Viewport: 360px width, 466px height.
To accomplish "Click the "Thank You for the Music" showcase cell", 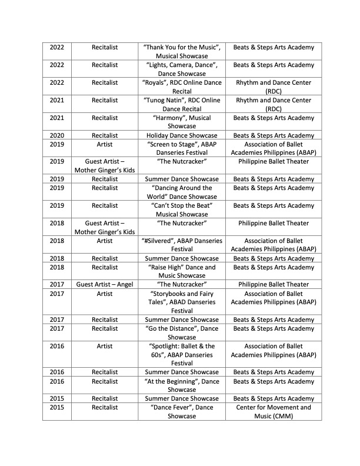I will [182, 51].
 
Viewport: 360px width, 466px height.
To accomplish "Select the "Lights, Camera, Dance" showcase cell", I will [182, 69].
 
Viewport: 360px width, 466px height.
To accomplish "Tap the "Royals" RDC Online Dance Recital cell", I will [182, 87].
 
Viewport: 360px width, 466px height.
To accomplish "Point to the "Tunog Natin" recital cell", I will [182, 104].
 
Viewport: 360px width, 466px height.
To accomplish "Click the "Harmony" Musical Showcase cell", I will [182, 122].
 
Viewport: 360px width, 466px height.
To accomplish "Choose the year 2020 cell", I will [57, 135].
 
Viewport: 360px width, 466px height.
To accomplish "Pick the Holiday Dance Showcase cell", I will [182, 135].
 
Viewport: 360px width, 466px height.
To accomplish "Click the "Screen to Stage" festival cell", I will [182, 148].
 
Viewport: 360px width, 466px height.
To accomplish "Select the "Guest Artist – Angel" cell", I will [105, 284].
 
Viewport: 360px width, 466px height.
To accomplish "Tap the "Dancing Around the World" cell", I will [182, 192].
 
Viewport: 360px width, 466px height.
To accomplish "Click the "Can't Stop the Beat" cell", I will [182, 209].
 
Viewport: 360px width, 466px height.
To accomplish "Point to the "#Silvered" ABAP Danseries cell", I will [182, 245].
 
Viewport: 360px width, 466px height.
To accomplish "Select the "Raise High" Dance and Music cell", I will [182, 271].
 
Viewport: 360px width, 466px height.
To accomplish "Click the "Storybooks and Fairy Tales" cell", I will [182, 302].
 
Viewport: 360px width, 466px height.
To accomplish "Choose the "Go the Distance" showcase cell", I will [182, 332].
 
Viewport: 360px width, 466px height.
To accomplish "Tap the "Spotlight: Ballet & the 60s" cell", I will [182, 355].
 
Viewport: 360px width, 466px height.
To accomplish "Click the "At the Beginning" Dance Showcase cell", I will [182, 385].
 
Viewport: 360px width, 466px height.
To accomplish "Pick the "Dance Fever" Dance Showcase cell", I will [182, 411].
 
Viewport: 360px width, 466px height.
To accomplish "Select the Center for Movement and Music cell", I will [273, 411].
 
